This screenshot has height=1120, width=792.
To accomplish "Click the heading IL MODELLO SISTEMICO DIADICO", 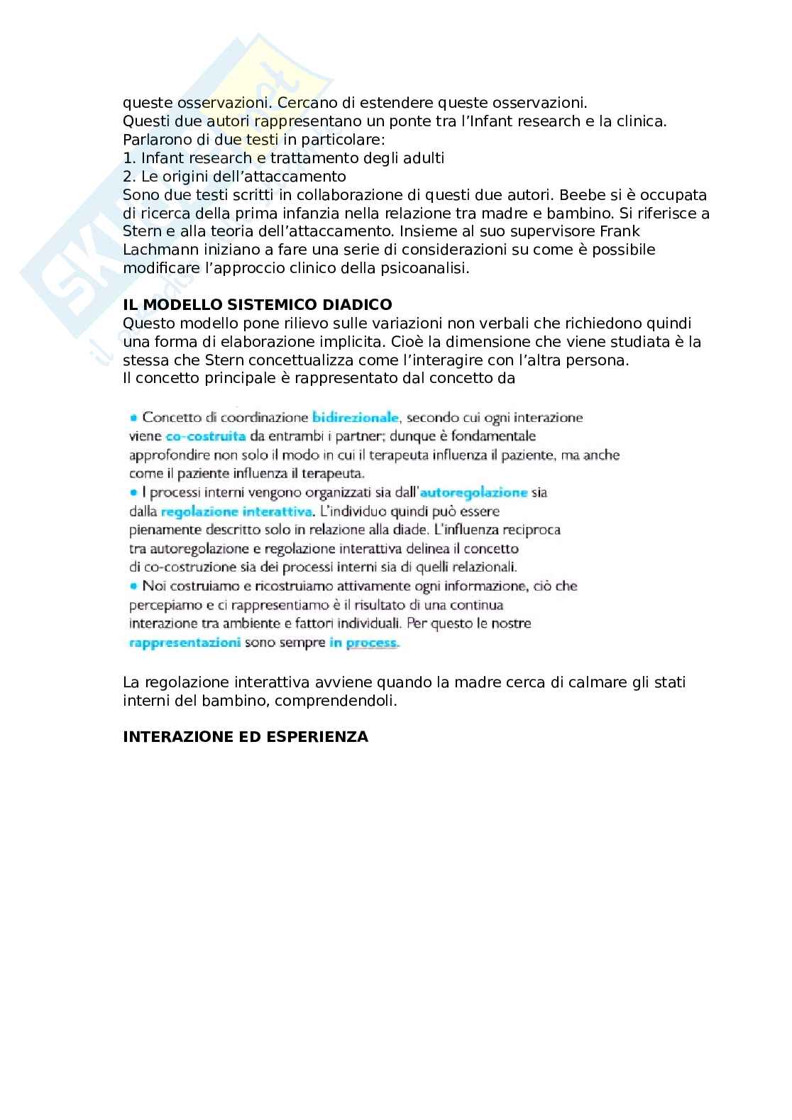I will (x=257, y=304).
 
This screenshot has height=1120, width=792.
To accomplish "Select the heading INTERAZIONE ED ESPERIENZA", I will (x=246, y=736).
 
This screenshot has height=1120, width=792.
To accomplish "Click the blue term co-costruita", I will (x=206, y=436).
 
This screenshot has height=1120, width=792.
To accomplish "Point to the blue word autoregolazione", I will (x=474, y=492).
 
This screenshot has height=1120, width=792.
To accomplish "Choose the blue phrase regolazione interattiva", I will (x=237, y=511).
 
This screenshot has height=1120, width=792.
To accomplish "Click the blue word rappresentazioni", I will (x=185, y=643).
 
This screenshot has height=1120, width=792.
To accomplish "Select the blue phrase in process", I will (x=364, y=643).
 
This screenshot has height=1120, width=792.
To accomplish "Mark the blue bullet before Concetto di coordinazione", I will (x=133, y=418).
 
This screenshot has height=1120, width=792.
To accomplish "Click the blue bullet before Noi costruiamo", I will (x=133, y=586).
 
